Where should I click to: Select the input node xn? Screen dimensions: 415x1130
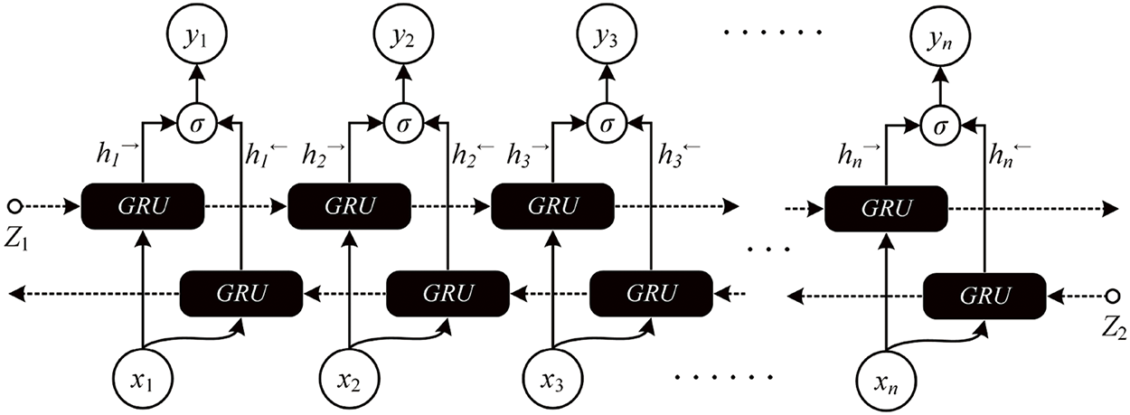(x=885, y=375)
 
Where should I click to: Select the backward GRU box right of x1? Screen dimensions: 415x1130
(x=241, y=293)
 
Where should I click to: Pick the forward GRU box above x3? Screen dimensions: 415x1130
(x=551, y=207)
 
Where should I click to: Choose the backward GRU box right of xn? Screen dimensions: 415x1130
(x=984, y=293)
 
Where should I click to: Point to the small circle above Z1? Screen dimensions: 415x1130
(x=14, y=205)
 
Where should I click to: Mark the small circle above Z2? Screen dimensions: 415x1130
(x=1114, y=293)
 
